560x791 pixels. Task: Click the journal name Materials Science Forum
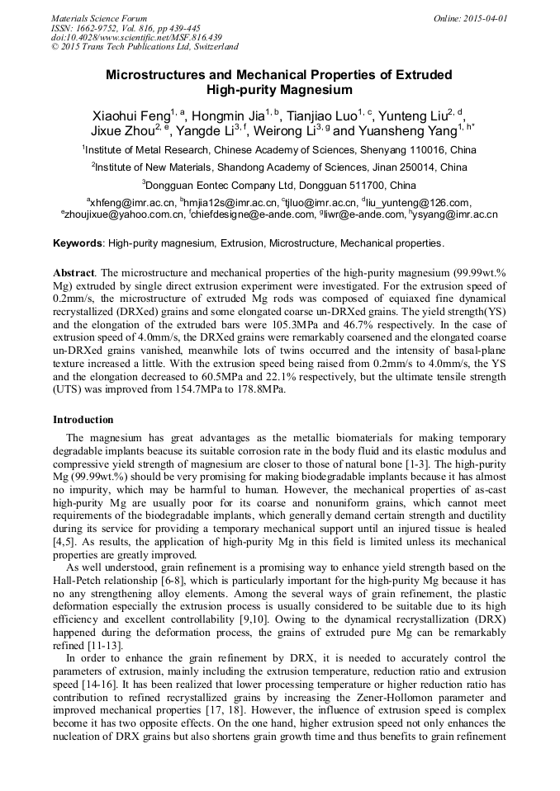tap(99, 18)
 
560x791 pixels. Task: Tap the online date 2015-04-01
tap(470, 18)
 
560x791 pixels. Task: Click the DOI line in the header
tap(136, 37)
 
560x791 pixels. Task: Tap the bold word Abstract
tap(74, 272)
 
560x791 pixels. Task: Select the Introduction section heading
tap(83, 420)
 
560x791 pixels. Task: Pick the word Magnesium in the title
tap(312, 90)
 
